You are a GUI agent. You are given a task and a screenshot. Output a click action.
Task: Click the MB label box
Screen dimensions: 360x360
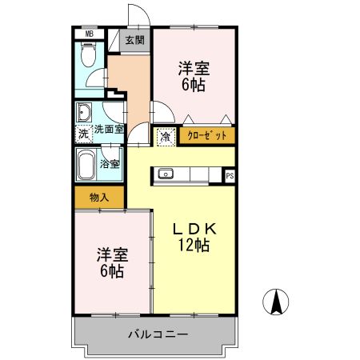pyautogui.click(x=90, y=34)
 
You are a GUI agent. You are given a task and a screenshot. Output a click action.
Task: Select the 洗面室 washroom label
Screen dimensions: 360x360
pyautogui.click(x=109, y=129)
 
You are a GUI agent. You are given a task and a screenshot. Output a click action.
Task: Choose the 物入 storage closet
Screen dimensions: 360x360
pyautogui.click(x=99, y=197)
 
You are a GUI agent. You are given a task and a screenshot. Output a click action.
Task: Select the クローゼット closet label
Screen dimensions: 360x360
pyautogui.click(x=207, y=136)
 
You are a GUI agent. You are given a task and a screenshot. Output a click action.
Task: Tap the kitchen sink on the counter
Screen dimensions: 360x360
pyautogui.click(x=166, y=173)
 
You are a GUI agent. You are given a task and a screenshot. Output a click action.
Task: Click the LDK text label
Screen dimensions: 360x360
pyautogui.click(x=195, y=229)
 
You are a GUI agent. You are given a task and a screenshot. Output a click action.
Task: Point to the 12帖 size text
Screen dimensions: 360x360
pyautogui.click(x=195, y=246)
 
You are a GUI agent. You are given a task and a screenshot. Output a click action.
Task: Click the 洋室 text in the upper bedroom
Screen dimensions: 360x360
pyautogui.click(x=194, y=69)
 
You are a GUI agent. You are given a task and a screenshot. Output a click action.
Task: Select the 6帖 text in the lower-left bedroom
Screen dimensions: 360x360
pyautogui.click(x=111, y=272)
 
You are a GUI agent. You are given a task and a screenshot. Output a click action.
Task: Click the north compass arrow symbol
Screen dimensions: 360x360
pyautogui.click(x=276, y=301)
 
